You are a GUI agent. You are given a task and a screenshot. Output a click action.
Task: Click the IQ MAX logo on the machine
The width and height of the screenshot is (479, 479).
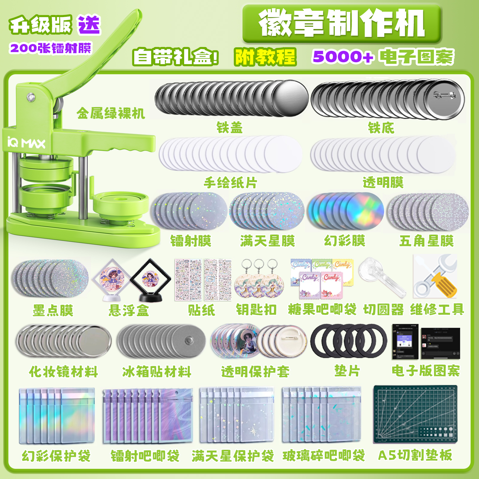(26, 143)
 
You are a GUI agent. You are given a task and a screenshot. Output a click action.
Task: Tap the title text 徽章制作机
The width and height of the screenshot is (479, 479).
(342, 23)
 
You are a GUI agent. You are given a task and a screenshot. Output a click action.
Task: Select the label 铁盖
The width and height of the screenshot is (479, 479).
(229, 128)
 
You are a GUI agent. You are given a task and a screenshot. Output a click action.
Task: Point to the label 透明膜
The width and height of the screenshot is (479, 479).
(383, 182)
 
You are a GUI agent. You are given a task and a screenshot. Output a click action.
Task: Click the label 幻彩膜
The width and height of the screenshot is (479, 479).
(345, 241)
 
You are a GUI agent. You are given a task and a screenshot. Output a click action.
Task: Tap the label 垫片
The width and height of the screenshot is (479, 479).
(347, 371)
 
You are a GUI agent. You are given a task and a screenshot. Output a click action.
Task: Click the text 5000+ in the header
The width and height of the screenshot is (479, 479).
(343, 57)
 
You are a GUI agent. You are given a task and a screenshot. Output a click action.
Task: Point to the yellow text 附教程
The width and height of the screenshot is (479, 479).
(265, 57)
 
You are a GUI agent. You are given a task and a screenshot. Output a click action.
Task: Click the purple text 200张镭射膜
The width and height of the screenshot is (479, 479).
(50, 48)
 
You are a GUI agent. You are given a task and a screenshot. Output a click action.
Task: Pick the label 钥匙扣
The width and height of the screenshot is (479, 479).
(256, 310)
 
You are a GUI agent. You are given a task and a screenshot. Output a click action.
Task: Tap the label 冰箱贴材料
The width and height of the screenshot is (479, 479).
(157, 372)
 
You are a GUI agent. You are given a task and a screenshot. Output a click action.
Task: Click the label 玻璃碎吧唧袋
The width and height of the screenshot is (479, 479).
(324, 455)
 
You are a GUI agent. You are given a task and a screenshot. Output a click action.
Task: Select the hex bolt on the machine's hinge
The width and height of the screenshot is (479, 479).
(30, 97)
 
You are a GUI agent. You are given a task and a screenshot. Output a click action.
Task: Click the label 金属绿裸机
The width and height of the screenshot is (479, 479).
(111, 113)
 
